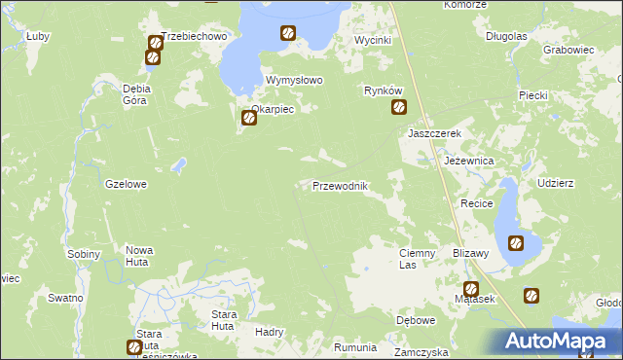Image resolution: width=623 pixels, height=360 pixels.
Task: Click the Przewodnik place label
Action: (340, 186)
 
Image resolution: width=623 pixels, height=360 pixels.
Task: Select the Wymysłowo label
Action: (294, 81)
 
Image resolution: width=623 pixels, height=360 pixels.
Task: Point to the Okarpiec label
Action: (273, 109)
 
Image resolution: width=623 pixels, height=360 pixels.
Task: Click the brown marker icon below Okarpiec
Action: (248, 119)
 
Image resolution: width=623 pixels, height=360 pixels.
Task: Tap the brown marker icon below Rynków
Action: (399, 108)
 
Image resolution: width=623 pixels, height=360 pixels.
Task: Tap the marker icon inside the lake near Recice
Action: (516, 243)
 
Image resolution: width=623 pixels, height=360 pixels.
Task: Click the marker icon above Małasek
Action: (471, 288)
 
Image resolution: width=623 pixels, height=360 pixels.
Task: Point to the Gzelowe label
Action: (126, 183)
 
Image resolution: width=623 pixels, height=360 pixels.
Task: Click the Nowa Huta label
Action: (139, 257)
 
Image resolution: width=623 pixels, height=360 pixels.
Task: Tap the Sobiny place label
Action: (85, 254)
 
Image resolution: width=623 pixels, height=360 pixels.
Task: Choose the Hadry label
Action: (269, 331)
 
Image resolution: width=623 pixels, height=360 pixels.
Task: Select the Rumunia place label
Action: (354, 347)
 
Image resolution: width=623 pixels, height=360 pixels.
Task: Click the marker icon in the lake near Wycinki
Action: (288, 33)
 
